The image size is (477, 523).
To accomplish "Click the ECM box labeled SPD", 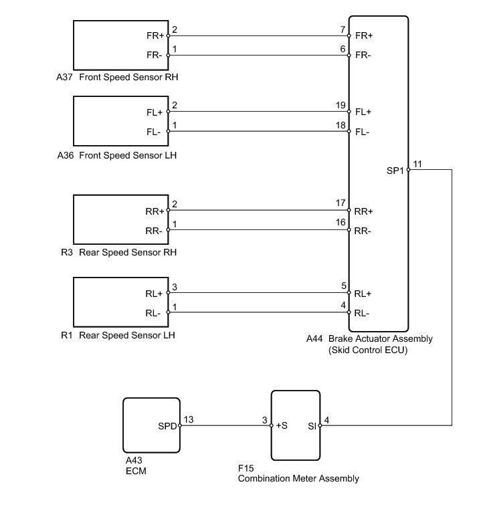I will (x=151, y=425).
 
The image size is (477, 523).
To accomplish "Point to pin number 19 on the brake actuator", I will (x=341, y=106).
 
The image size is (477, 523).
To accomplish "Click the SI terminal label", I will (x=312, y=425).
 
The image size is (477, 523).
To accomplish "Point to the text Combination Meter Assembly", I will (x=298, y=479).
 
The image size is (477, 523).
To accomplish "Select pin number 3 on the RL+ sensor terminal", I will (x=175, y=287).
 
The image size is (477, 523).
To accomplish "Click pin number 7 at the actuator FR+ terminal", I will (x=343, y=29).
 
